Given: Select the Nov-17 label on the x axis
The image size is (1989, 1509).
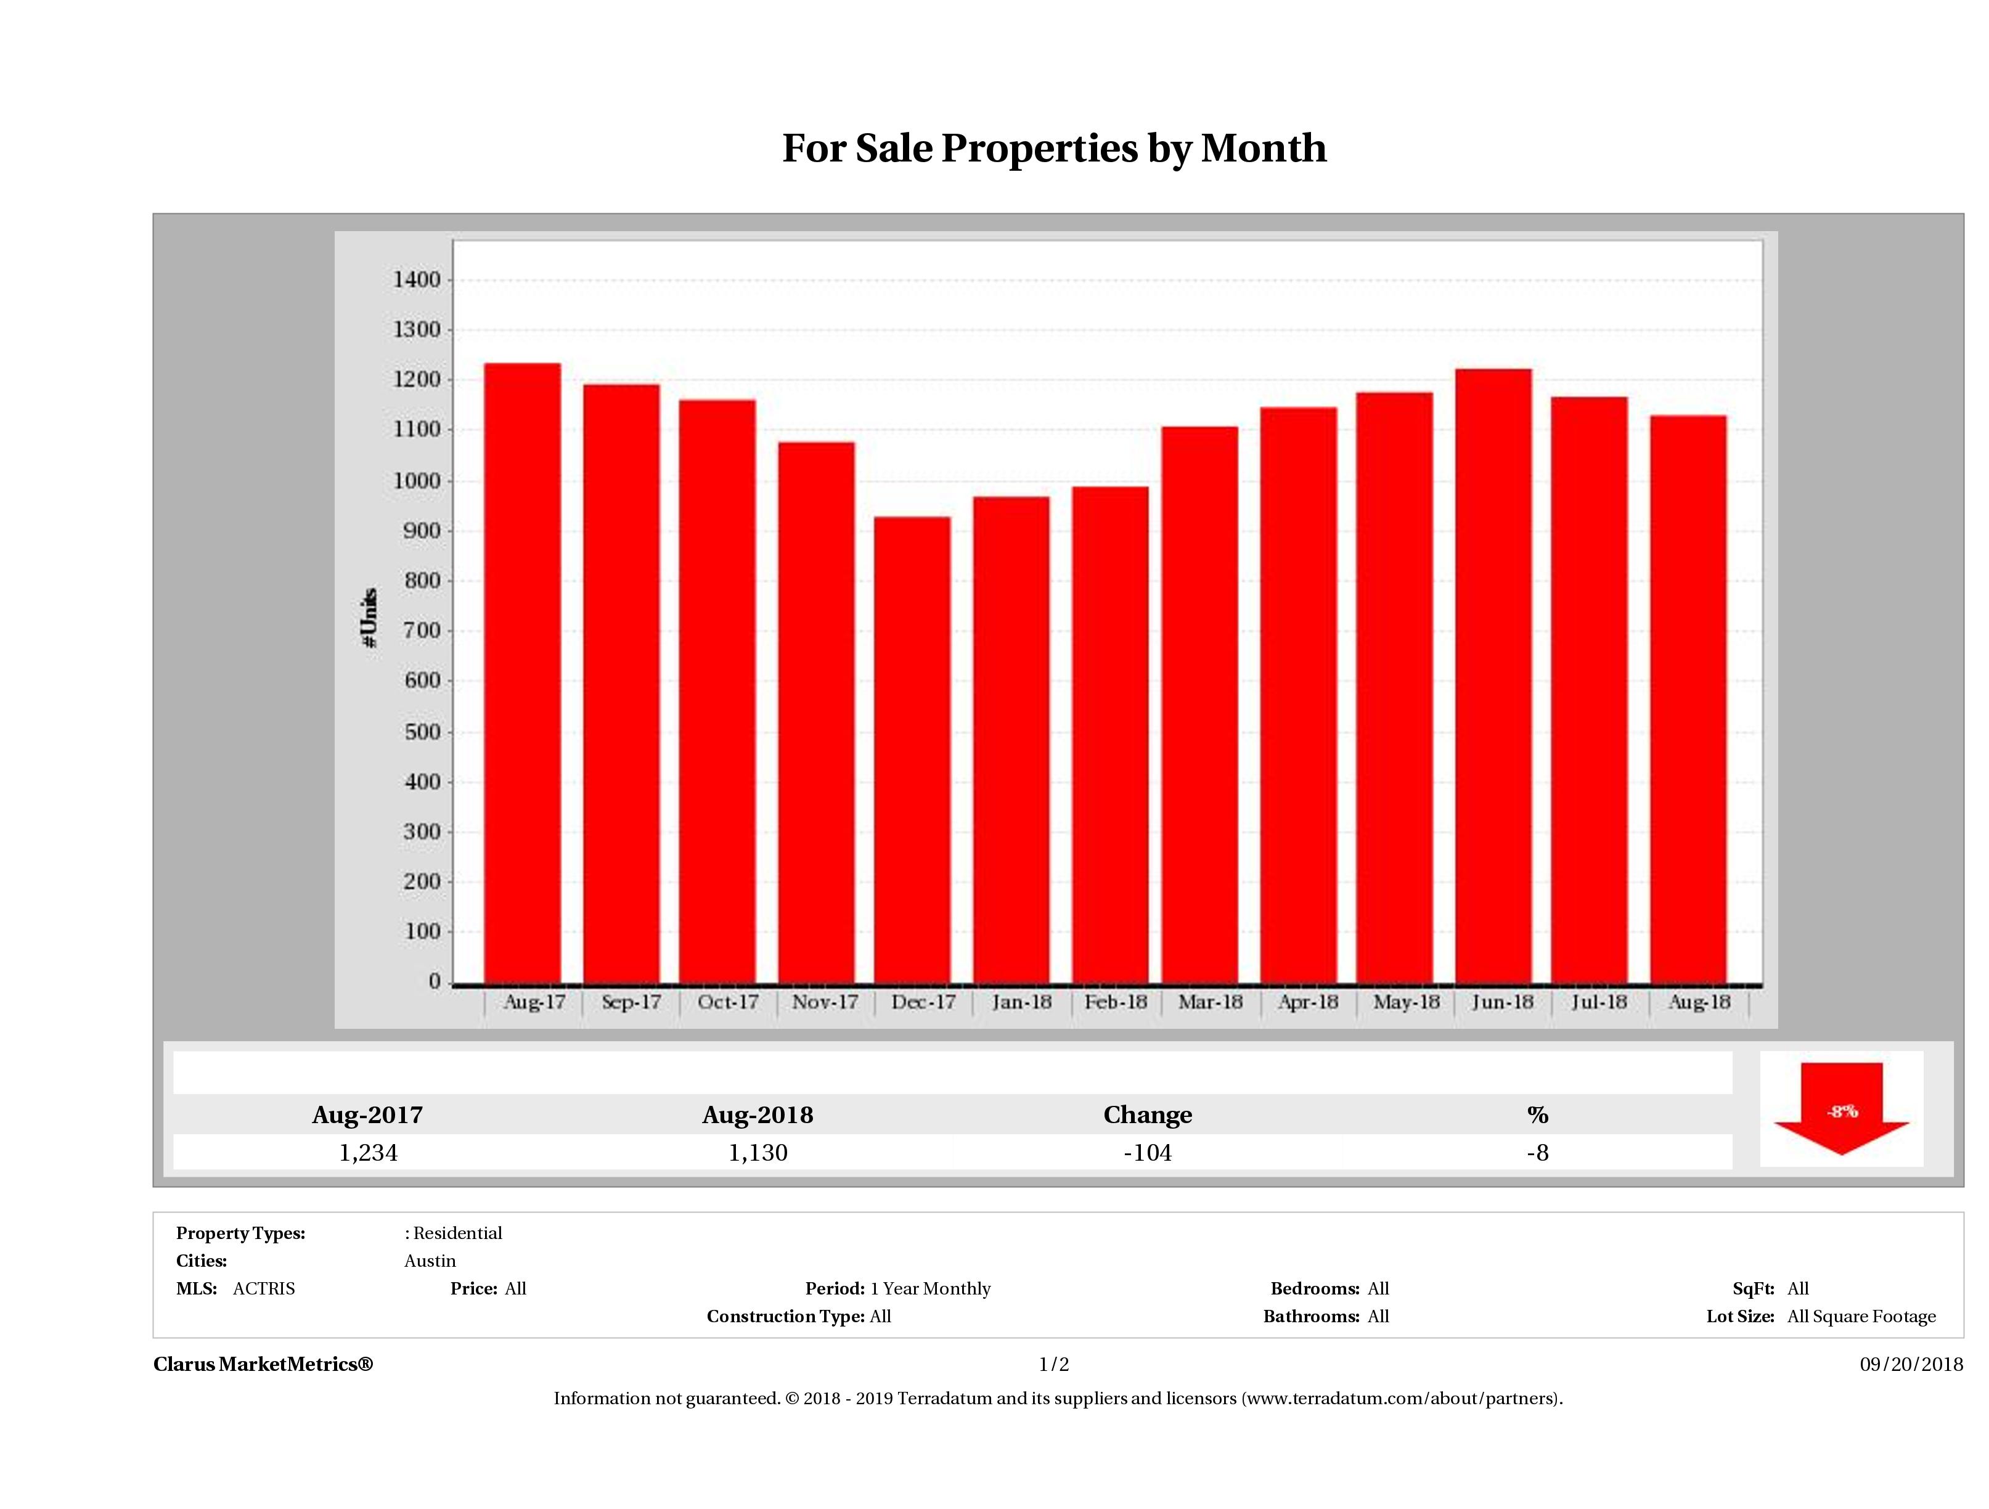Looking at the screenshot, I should [825, 1002].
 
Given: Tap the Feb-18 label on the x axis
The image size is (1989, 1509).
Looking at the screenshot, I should [1115, 1002].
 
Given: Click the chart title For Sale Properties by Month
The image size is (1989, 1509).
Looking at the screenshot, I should [1054, 149].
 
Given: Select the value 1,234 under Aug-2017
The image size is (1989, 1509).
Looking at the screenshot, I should [368, 1153].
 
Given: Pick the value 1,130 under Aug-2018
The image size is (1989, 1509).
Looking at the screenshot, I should [758, 1153].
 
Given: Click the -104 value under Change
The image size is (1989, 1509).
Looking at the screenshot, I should [1148, 1153].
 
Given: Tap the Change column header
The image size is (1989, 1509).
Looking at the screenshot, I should [1148, 1115].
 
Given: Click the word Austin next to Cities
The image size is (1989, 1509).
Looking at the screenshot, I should [430, 1261].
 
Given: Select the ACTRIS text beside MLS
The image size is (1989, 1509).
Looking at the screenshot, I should [263, 1289].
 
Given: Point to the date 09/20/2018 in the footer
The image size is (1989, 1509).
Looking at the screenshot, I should [1911, 1364].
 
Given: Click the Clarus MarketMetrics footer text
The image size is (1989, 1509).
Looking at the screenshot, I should [263, 1364].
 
